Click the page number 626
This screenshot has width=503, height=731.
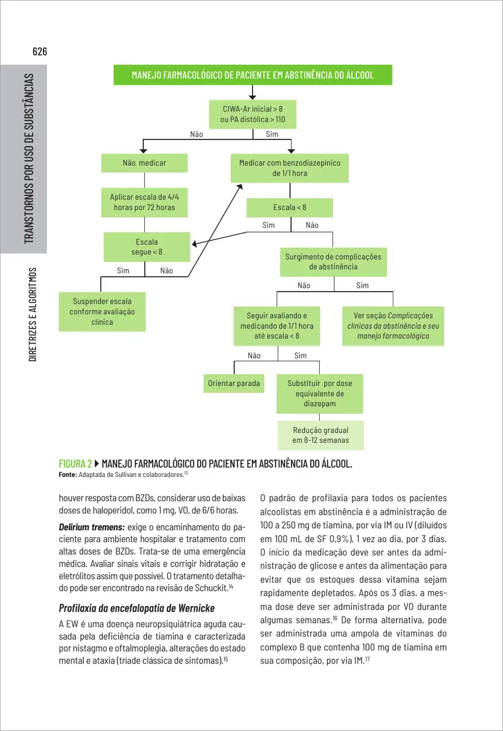40,51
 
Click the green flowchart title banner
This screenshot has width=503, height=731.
253,76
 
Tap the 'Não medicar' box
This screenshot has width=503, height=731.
144,163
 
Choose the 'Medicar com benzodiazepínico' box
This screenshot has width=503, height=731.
290,168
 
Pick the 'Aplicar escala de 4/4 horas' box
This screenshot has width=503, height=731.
144,202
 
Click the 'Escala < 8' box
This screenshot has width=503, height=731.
290,208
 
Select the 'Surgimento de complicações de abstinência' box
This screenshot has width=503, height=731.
333,261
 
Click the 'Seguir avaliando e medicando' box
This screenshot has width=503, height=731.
277,326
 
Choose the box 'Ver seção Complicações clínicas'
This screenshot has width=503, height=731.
393,326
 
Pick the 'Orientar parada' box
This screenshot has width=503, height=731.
234,383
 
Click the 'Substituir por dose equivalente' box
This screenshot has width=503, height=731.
320,394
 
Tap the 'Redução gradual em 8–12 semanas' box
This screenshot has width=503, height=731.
320,435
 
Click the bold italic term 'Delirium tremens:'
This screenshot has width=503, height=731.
91,526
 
